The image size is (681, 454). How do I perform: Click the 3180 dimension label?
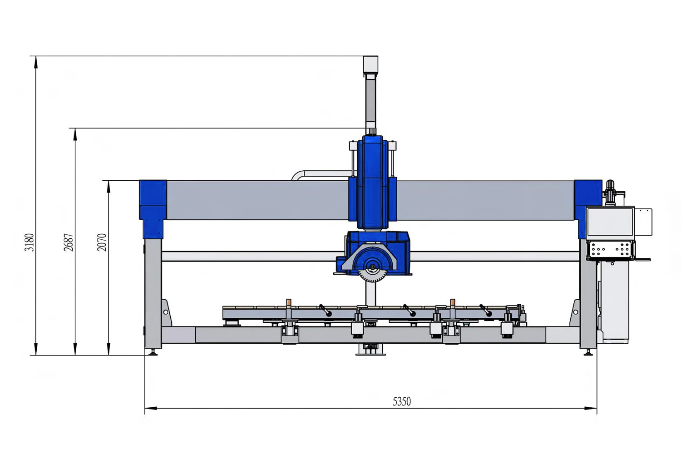29,242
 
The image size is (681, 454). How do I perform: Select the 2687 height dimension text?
69,242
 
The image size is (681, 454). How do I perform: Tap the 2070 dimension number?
102,242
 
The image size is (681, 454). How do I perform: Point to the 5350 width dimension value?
402,401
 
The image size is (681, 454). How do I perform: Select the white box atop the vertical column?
370,65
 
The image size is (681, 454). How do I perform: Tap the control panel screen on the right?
610,222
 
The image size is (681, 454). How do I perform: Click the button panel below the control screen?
611,250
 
